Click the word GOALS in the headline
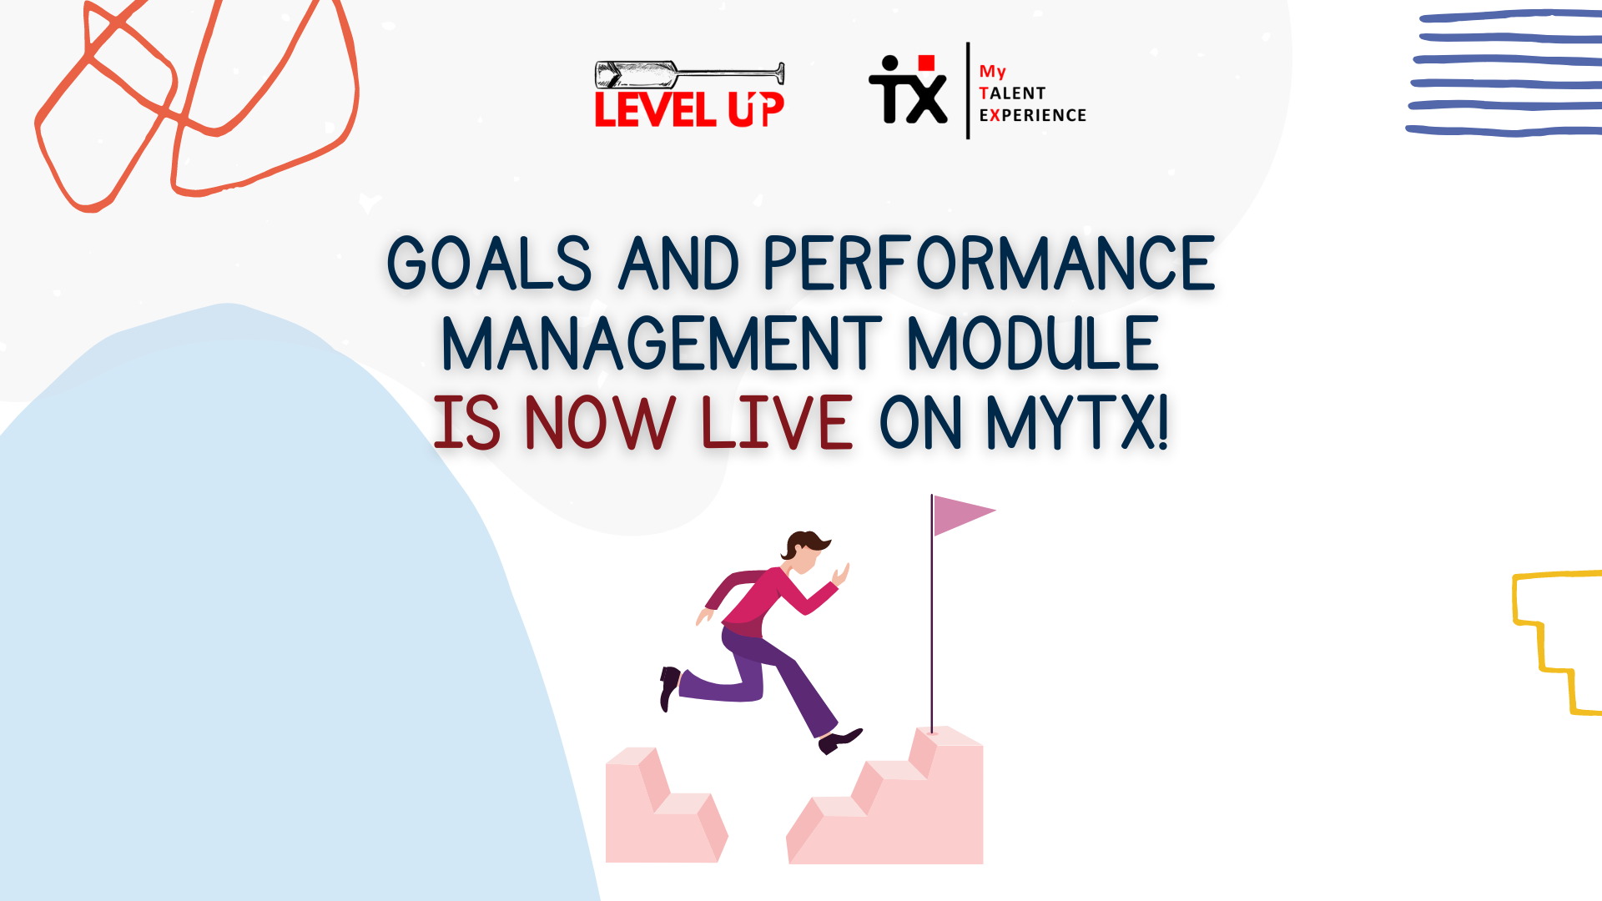pyautogui.click(x=490, y=264)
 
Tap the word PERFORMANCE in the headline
pyautogui.click(x=989, y=264)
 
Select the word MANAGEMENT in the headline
pyautogui.click(x=661, y=343)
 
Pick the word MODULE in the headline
pyautogui.click(x=1033, y=343)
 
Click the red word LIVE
pyautogui.click(x=777, y=422)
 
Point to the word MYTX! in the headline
pyautogui.click(x=1077, y=422)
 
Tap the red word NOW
pyautogui.click(x=600, y=422)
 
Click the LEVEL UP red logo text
pyautogui.click(x=689, y=109)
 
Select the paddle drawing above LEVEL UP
pyautogui.click(x=689, y=74)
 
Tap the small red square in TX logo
pyautogui.click(x=926, y=63)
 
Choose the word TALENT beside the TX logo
pyautogui.click(x=1012, y=93)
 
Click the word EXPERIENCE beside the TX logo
pyautogui.click(x=1033, y=115)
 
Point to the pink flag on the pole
pyautogui.click(x=960, y=514)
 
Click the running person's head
pyautogui.click(x=804, y=552)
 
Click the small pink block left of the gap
pyautogui.click(x=665, y=805)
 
